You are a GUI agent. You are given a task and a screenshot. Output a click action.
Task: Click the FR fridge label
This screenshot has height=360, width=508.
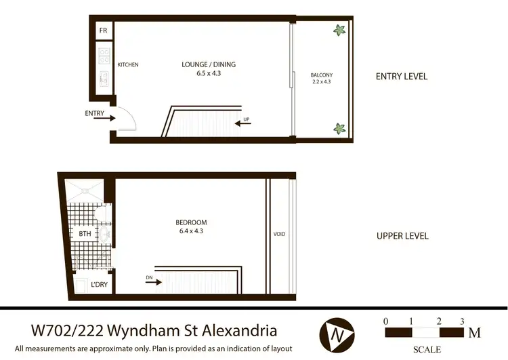103,31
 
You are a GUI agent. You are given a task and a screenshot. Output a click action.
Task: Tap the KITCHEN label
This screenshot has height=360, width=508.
128,65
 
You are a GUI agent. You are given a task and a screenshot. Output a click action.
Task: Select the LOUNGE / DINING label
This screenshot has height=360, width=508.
209,64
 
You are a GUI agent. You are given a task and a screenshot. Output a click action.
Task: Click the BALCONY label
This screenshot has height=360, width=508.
321,75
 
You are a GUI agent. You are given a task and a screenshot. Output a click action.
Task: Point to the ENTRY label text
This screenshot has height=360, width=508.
95,113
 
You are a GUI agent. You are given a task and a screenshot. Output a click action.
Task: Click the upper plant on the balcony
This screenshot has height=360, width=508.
339,30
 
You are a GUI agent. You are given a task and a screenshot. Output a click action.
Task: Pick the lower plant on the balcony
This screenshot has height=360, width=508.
339,127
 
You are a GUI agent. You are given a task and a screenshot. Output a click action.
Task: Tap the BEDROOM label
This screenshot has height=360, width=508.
191,222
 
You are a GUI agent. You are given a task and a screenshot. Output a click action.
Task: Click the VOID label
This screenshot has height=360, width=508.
279,235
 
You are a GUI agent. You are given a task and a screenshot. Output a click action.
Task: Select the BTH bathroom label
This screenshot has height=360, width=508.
85,234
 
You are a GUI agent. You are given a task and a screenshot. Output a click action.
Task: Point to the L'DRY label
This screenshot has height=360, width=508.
99,285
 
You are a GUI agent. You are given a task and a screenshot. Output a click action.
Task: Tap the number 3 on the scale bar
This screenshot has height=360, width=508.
462,321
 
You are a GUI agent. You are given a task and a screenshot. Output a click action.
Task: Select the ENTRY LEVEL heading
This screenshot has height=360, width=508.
402,77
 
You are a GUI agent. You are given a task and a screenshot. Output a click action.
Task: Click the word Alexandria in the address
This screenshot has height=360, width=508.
237,332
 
